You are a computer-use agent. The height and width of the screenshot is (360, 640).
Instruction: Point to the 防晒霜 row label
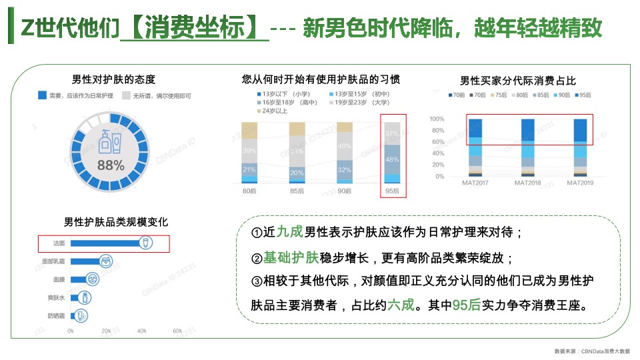pyautogui.click(x=55, y=315)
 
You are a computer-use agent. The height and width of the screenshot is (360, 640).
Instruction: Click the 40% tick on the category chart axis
pyautogui.click(x=141, y=331)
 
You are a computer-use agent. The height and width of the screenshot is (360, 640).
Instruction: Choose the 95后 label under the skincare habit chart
pyautogui.click(x=392, y=191)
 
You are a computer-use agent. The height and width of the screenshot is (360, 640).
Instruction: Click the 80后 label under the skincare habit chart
pyautogui.click(x=250, y=191)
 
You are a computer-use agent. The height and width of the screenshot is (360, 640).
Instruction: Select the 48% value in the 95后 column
pyautogui.click(x=392, y=159)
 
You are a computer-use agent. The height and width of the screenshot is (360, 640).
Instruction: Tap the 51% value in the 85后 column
pyautogui.click(x=297, y=151)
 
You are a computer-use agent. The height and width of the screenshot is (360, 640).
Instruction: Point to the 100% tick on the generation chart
pyautogui.click(x=437, y=119)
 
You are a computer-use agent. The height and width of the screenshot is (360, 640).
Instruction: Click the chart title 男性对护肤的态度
pyautogui.click(x=113, y=79)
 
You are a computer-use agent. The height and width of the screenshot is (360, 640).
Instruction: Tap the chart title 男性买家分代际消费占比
pyautogui.click(x=518, y=81)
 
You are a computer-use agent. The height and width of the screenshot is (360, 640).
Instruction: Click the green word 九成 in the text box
pyautogui.click(x=290, y=231)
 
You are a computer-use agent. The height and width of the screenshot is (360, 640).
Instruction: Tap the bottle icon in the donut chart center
pyautogui.click(x=111, y=142)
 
